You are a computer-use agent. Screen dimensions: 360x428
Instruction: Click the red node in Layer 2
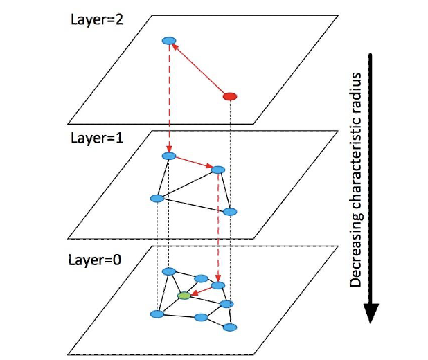[x=230, y=96]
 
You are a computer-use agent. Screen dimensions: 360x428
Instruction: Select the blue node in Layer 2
[x=167, y=42]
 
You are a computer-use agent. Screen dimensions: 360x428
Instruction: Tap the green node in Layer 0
[x=184, y=296]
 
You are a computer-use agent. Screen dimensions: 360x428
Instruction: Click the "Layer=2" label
[x=96, y=18]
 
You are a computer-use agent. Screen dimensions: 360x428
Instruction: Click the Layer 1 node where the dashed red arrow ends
[x=168, y=155]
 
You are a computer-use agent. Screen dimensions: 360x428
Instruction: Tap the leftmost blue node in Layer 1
[x=157, y=199]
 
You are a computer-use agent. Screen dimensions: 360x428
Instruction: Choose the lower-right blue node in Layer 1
[x=230, y=211]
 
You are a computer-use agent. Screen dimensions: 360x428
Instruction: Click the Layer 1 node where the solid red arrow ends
[x=218, y=170]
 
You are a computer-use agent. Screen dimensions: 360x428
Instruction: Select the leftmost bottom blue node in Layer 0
[x=157, y=314]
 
